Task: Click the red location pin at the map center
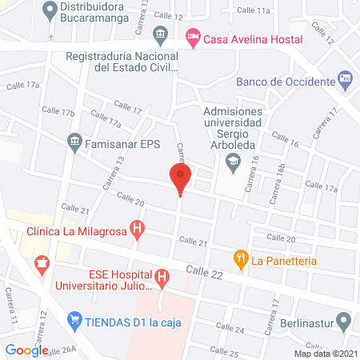point(180,178)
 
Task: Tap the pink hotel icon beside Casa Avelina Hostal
point(192,37)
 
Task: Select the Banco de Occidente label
point(284,82)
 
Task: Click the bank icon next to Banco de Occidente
point(345,78)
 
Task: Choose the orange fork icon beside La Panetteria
point(238,258)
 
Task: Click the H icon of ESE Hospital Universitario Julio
point(162,278)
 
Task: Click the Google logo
point(26,350)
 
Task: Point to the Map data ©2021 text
point(325,353)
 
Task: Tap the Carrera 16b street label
point(279,182)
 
